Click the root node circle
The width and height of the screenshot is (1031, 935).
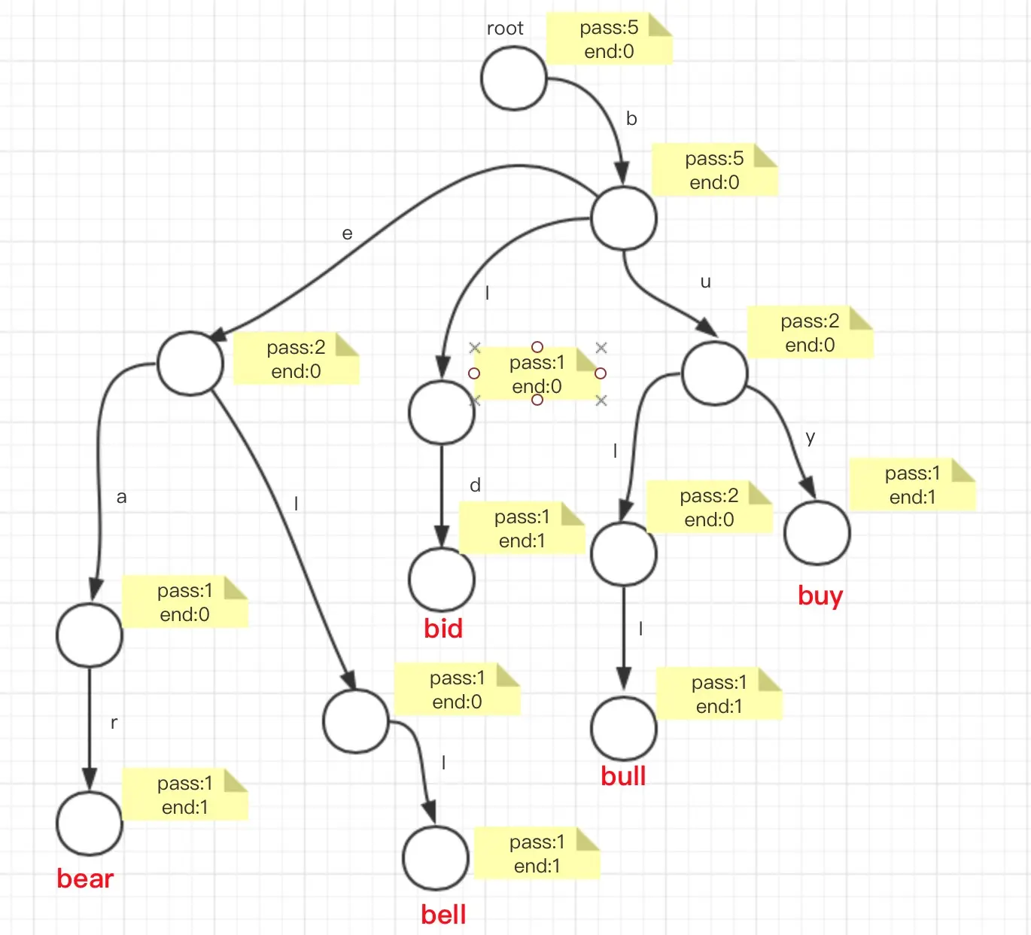coord(513,78)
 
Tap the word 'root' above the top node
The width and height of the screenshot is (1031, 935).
coord(505,29)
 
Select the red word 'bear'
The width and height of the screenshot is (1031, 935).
coord(85,879)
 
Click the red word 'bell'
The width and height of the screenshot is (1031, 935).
coord(443,915)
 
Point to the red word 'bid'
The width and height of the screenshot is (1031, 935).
coord(443,629)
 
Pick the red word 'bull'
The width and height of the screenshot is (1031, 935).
coord(623,776)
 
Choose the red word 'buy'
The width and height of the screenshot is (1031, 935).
coord(820,595)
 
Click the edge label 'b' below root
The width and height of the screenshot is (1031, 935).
coord(631,119)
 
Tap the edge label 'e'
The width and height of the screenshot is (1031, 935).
coord(347,234)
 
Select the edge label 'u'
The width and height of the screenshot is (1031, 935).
coord(705,282)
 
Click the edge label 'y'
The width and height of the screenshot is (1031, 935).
coord(810,437)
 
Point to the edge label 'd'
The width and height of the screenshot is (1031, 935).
coord(475,486)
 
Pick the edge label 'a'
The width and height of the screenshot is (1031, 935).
coord(121,498)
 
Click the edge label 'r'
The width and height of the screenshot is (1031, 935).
coord(114,723)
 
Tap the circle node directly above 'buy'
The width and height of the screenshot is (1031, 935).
coord(817,533)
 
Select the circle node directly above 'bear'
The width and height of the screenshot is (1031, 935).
coord(89,824)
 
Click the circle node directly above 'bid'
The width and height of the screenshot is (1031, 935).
coord(442,580)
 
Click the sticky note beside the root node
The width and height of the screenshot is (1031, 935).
coord(609,39)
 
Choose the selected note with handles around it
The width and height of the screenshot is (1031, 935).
coord(537,374)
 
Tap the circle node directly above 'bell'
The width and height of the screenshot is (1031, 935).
coord(436,857)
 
